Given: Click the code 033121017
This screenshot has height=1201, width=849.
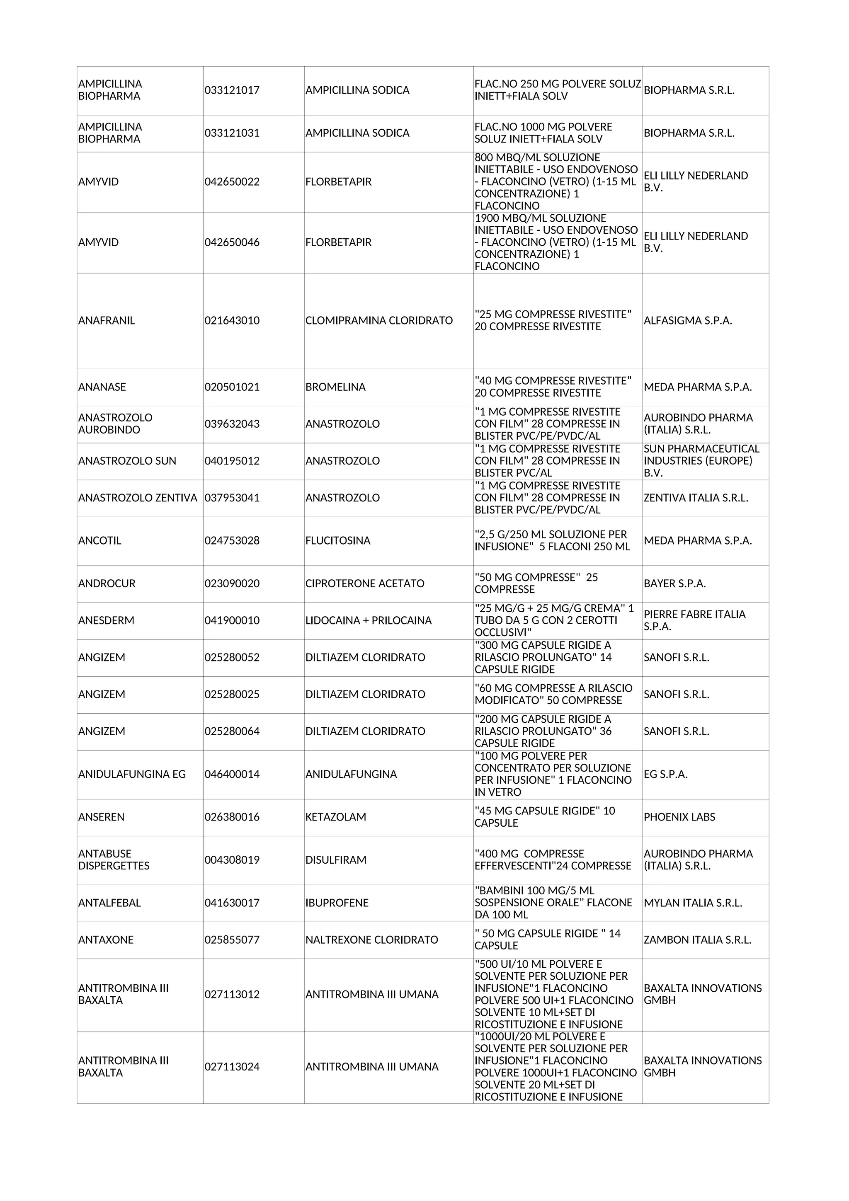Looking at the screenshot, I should point(232,90).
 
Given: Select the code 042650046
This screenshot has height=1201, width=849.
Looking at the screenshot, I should point(232,243).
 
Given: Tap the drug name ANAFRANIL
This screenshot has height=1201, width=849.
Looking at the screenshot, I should point(106,321).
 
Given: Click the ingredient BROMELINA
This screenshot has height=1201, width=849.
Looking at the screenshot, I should point(335,387).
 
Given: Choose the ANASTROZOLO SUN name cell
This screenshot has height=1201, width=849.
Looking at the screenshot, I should point(127,461).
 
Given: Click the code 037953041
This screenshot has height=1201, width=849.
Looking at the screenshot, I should point(232,498).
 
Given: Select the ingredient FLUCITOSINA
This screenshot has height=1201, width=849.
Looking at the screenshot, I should point(337,541).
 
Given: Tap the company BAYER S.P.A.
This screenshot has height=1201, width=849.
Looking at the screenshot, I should point(674,584).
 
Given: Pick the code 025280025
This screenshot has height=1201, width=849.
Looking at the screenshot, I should point(232,695).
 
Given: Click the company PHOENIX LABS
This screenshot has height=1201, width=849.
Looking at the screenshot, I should point(679,817).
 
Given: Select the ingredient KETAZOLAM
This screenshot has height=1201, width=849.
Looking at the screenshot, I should point(335,817).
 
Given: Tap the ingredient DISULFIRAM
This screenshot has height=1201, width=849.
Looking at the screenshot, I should point(335,860).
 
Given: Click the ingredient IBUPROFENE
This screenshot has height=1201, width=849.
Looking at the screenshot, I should point(337,903).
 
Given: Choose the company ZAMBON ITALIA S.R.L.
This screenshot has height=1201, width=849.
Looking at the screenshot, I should point(697,940).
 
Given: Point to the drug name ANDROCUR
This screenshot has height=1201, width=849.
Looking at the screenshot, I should point(107,584).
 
